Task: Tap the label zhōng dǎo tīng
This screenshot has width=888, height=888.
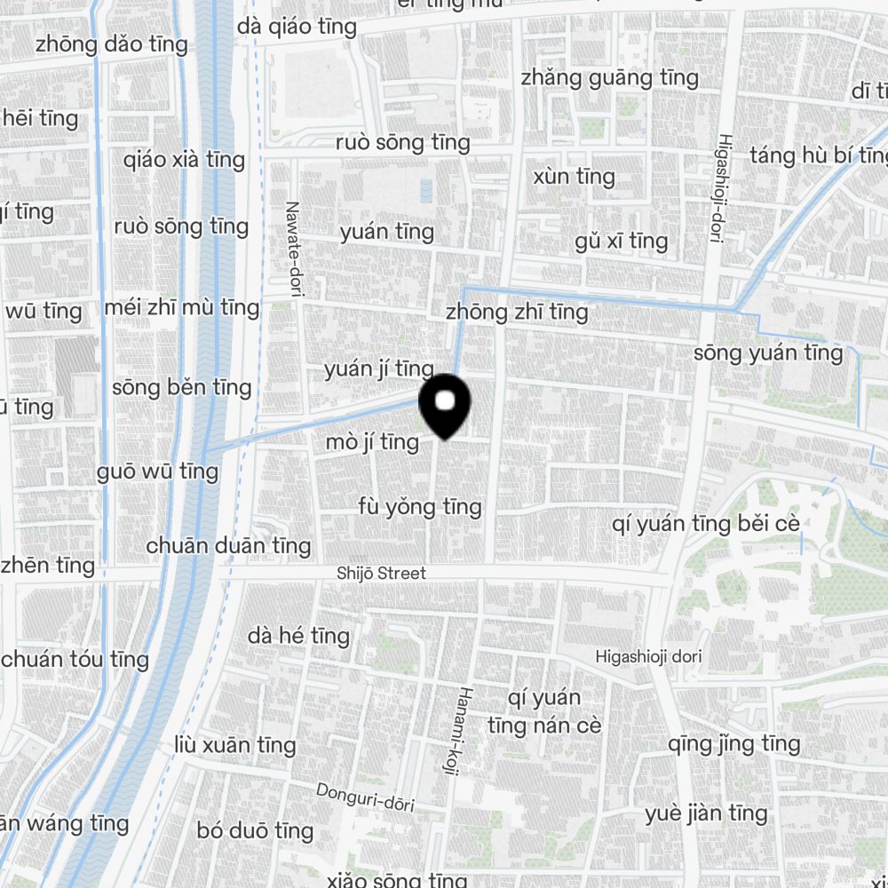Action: (112, 44)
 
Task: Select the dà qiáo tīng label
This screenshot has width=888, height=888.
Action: (297, 28)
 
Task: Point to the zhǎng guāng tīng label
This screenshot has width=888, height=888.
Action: (609, 78)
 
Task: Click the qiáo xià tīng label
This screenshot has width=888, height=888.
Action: (185, 160)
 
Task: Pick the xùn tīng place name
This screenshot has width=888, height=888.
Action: (574, 177)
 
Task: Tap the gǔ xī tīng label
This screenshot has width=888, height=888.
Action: (621, 242)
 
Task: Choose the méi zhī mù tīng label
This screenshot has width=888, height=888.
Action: (181, 308)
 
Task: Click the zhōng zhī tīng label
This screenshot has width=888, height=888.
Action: (516, 312)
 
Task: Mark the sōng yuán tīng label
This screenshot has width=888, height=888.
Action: (768, 353)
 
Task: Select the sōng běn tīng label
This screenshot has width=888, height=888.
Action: (182, 388)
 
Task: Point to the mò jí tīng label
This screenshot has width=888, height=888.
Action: (371, 441)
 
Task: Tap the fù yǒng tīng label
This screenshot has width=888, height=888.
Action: (420, 507)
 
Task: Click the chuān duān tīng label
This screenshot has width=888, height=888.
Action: (228, 545)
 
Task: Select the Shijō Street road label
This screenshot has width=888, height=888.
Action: (381, 574)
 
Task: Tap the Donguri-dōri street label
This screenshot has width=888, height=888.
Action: (365, 797)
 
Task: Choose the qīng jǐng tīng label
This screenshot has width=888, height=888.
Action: (733, 743)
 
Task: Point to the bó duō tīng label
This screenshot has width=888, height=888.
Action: (255, 831)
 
